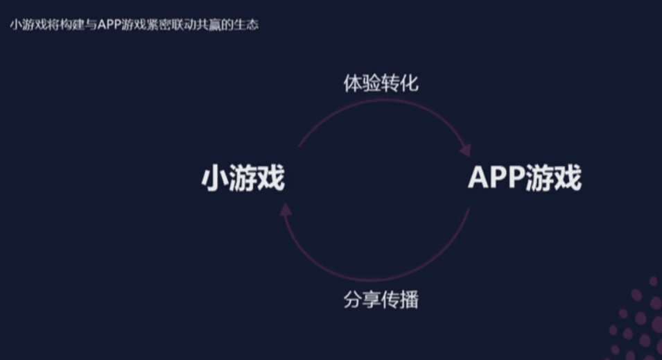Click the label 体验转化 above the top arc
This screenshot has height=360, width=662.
coord(381,84)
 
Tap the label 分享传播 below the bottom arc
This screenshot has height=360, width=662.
coord(381,300)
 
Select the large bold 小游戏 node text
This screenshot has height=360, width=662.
coord(243,179)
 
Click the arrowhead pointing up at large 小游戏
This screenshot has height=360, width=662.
coord(286,207)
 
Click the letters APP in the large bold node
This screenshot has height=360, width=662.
coord(496,179)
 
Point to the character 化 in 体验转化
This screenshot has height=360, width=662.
coord(409,84)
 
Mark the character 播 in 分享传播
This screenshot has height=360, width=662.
coord(409,300)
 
